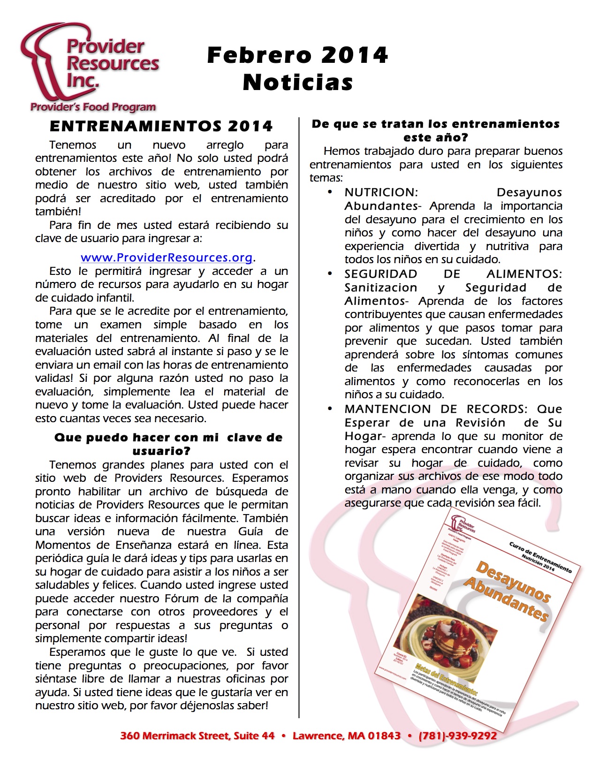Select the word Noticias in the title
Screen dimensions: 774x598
pos(298,83)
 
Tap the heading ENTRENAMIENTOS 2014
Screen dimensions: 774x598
pos(161,126)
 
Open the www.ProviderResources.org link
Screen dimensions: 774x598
pos(167,258)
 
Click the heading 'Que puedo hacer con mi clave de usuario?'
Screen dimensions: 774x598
pos(168,444)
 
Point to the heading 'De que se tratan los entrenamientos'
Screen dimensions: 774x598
pos(435,124)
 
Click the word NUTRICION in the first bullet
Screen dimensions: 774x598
pos(381,192)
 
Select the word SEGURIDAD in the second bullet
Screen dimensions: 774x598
pos(381,274)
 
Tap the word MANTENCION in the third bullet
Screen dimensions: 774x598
pos(387,409)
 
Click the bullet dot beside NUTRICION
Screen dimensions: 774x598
pos(330,192)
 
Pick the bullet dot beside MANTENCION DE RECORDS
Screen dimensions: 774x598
pos(330,409)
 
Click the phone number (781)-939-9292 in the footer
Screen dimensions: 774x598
pos(457,736)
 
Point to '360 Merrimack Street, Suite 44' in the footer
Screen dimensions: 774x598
pos(197,736)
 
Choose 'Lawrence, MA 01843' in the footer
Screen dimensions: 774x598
pos(347,736)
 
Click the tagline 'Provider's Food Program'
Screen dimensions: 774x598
pos(93,107)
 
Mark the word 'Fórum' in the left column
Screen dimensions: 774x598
pos(179,599)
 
